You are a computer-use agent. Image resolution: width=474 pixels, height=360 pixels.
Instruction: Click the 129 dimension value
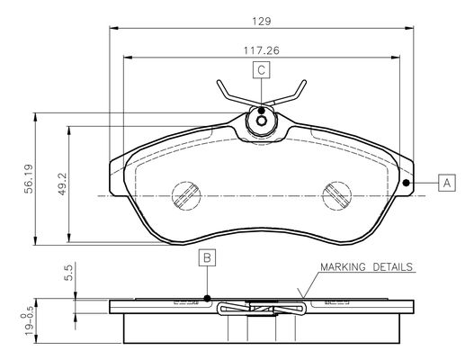coord(262,22)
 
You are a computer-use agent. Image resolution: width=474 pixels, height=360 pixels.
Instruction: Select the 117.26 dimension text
coord(262,50)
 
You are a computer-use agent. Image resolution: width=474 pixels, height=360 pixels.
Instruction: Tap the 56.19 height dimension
coord(29,179)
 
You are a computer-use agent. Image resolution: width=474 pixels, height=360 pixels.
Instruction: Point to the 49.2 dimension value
coord(62,184)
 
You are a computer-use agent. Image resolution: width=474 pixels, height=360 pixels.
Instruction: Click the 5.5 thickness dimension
coord(68,273)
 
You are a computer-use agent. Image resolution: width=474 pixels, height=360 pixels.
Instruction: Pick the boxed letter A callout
coord(447,183)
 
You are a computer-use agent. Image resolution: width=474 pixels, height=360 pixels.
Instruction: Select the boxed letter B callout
coord(207,257)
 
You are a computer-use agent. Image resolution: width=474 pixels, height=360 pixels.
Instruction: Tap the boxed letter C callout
coord(262,70)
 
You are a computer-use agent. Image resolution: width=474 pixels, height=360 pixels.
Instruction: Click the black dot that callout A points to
coord(407,183)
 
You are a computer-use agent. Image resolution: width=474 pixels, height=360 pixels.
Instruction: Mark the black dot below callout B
coord(207,298)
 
